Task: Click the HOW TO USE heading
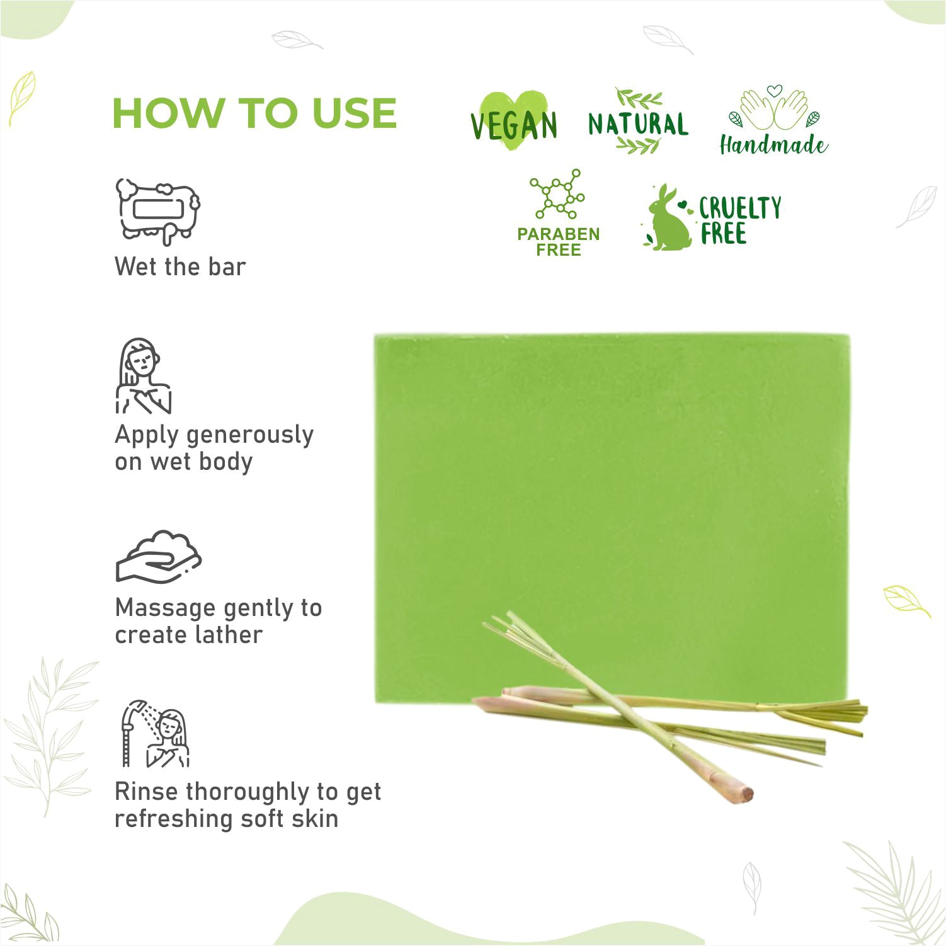coord(254,113)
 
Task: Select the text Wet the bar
coord(180,266)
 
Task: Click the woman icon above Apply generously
coord(144,377)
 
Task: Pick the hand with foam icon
coord(158,556)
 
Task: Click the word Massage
coord(166,608)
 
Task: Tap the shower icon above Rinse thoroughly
coord(155,734)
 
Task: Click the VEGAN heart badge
coord(514,122)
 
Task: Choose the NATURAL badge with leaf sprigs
coord(638,122)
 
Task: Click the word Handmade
coord(773,145)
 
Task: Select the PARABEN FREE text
coord(558,242)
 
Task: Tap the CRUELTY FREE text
coord(740,220)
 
